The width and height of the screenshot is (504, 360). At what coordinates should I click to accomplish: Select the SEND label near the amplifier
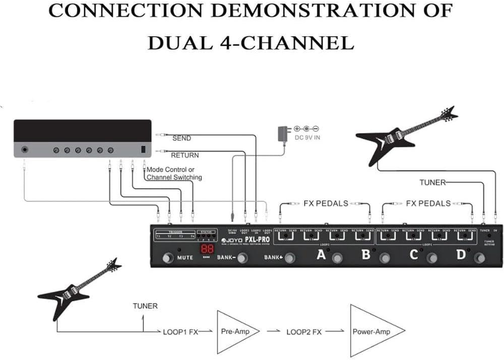click(182, 138)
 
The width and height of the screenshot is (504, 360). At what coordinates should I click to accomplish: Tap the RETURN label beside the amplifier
click(185, 155)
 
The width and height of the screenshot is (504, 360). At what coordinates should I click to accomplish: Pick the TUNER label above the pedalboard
click(432, 182)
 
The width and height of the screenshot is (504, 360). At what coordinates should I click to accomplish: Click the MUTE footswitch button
click(168, 258)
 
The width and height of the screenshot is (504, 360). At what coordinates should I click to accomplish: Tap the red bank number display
click(207, 251)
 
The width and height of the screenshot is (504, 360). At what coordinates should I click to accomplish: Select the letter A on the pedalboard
click(321, 255)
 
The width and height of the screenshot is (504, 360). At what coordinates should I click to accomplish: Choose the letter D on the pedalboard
click(461, 255)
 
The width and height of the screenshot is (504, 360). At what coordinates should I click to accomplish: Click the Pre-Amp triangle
click(235, 332)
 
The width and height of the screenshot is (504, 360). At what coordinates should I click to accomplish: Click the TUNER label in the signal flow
click(145, 306)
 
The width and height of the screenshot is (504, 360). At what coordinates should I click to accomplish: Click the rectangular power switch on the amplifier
click(143, 150)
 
